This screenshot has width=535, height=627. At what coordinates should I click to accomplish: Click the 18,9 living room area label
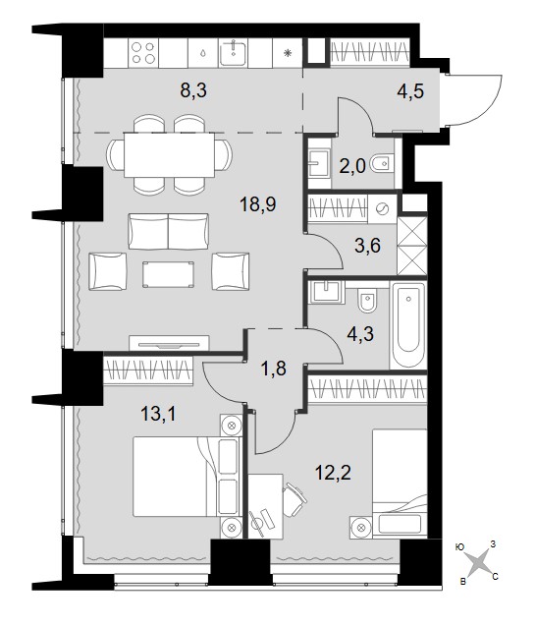pos(258,204)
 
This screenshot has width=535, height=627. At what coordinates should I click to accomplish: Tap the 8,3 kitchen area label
pos(193,90)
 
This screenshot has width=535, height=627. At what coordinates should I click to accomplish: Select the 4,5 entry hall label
pos(410,91)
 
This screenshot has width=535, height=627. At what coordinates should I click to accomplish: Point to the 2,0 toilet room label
pos(352,166)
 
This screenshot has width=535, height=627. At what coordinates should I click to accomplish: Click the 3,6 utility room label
pos(367,246)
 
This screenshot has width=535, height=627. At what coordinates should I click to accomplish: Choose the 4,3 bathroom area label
pos(360,334)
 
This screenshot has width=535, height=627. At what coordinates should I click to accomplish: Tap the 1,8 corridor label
pos(273,369)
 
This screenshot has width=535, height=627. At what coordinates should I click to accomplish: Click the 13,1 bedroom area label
pos(158,415)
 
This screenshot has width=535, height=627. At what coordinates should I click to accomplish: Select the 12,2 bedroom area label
pos(333,474)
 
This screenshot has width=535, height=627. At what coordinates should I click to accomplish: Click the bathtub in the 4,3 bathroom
pos(408,324)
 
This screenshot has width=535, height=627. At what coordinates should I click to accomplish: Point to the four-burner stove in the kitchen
pos(143,53)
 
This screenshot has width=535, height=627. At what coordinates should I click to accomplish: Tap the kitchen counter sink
pos(234,53)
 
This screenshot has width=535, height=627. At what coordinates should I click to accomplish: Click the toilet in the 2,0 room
pos(382,163)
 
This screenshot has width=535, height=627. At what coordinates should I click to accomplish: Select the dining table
pos(170,154)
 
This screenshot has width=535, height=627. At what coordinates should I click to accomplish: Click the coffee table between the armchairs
pos(168,274)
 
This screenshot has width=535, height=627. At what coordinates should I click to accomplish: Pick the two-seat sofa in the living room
pos(168,232)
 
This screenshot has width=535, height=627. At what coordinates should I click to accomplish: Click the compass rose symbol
pos(479,563)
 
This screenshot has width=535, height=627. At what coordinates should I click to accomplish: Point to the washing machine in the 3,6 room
pos(383,208)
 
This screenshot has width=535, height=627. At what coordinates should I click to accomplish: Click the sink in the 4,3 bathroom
pos(328,291)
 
